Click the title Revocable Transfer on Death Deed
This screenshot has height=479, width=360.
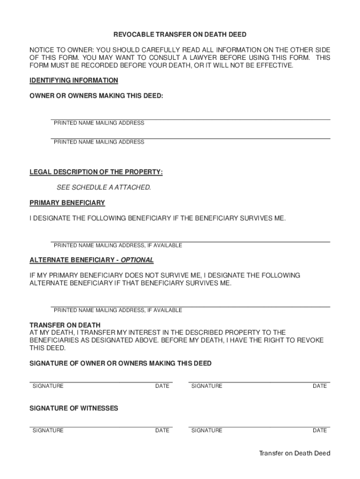tap(180, 35)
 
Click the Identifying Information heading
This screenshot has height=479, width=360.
tap(74, 80)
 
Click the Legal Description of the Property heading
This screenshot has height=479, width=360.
tap(96, 172)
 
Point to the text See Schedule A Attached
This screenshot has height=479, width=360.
tap(104, 188)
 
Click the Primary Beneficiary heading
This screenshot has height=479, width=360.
tap(67, 203)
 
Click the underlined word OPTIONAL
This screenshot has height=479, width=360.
tap(137, 260)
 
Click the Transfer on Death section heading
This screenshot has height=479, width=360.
tap(65, 325)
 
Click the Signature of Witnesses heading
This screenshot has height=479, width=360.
tap(74, 408)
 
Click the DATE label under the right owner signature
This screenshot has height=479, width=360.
tap(320, 386)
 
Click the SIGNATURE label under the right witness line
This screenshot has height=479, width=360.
tap(207, 430)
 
